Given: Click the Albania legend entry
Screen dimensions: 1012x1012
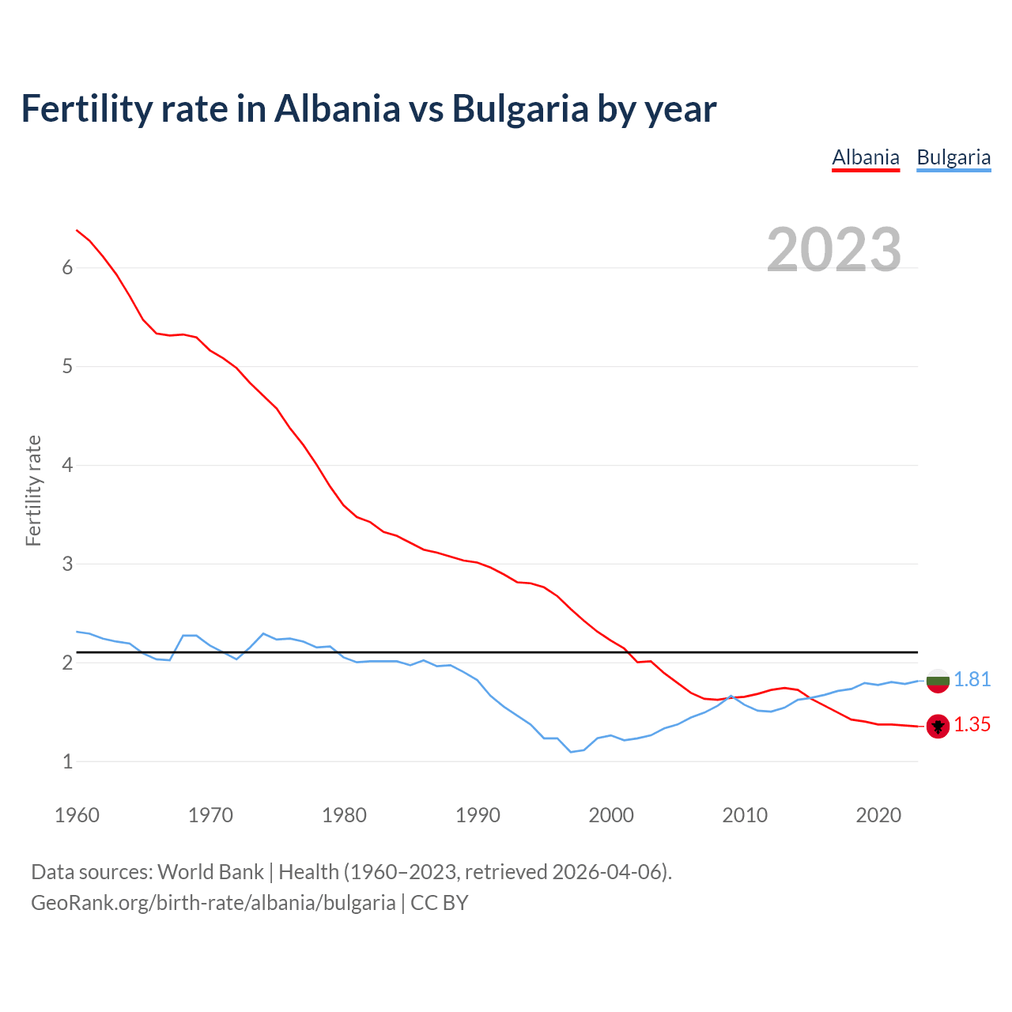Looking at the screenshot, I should tap(866, 157).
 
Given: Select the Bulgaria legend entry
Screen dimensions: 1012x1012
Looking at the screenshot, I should tap(953, 157).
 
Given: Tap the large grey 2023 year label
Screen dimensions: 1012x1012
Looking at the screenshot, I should tap(834, 250).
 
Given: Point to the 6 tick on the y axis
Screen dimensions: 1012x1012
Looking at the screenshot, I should tap(67, 268).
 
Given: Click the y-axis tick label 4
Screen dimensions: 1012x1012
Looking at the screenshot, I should tap(67, 466).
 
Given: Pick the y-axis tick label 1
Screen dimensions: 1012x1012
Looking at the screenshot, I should tap(67, 762).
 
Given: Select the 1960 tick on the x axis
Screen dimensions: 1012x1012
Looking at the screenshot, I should tap(77, 815).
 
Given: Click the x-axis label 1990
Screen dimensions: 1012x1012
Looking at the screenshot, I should tap(478, 815).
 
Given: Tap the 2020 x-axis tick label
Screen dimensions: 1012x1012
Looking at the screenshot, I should tap(878, 815).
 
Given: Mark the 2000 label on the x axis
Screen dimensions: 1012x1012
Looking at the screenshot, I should tap(611, 815).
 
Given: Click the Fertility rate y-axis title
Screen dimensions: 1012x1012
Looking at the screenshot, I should tap(33, 490).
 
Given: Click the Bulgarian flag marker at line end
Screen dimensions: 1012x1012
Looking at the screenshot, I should tap(938, 681).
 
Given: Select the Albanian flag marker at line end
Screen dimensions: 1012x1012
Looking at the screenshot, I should tap(938, 726).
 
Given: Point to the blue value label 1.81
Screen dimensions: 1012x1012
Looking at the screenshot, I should tap(972, 680).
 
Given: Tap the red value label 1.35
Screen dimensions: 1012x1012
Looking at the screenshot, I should tap(972, 725).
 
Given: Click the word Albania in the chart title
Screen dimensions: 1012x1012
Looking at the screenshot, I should tap(338, 108).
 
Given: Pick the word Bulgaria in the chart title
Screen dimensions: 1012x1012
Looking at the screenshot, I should tap(520, 108).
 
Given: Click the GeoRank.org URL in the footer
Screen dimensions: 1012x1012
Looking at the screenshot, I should tap(213, 903).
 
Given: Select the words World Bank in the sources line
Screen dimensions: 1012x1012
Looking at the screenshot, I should tap(210, 872).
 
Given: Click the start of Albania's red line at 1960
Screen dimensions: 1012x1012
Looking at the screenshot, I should tap(77, 231).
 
